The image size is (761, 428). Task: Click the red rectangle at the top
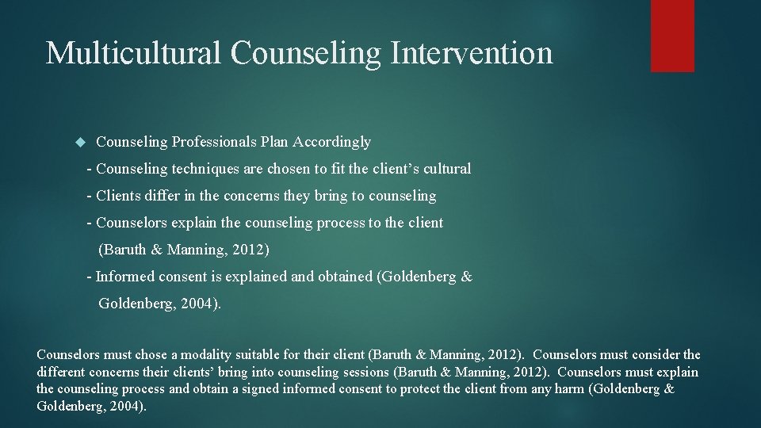click(x=672, y=36)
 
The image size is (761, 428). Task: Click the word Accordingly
click(x=331, y=143)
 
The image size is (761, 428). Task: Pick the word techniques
click(x=205, y=169)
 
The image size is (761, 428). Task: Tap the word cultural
click(x=446, y=169)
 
